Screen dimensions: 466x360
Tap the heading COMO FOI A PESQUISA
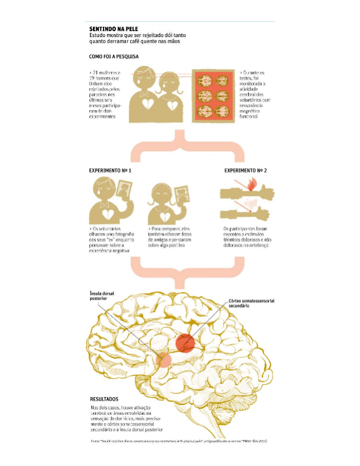coord(114,56)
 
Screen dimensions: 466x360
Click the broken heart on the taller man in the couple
coord(143,104)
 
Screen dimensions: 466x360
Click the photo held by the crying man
coord(124,191)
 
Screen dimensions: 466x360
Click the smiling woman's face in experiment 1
coord(159,195)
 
